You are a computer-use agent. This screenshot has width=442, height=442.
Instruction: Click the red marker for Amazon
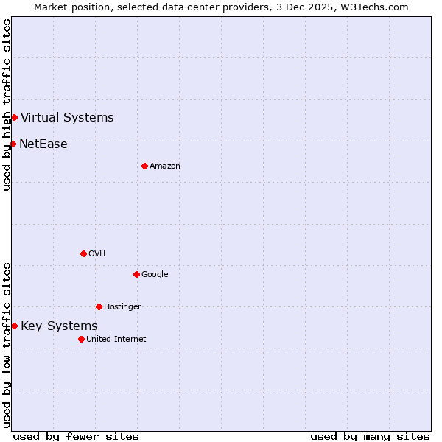pos(144,166)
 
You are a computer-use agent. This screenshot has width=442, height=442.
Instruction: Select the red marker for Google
pos(136,274)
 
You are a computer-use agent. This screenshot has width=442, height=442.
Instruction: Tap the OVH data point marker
pos(83,253)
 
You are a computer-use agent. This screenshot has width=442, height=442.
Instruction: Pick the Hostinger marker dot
pos(99,306)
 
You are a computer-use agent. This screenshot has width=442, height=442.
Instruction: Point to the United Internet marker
pos(81,339)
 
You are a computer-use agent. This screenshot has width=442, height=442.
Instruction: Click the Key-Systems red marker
pos(14,326)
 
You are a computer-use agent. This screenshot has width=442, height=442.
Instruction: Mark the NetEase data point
pos(13,144)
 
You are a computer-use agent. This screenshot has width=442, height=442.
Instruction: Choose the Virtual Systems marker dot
pos(14,117)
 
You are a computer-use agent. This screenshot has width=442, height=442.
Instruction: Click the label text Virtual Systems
pos(67,117)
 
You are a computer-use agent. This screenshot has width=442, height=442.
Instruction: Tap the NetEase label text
pos(43,144)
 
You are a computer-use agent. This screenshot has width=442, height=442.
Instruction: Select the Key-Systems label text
pos(59,326)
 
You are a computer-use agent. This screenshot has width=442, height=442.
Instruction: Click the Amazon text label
pos(165,166)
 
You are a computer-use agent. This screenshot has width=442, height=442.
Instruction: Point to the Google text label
pos(155,274)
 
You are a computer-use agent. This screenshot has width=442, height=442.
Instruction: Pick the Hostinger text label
pos(122,306)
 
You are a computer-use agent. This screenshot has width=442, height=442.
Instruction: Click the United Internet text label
pos(116,339)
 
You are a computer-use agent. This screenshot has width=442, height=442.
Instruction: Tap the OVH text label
pos(97,253)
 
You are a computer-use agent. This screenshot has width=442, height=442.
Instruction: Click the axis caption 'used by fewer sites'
pos(76,436)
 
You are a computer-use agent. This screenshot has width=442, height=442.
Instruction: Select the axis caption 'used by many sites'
pos(370,436)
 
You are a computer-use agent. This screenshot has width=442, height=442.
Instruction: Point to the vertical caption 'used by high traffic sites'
pos(7,105)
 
